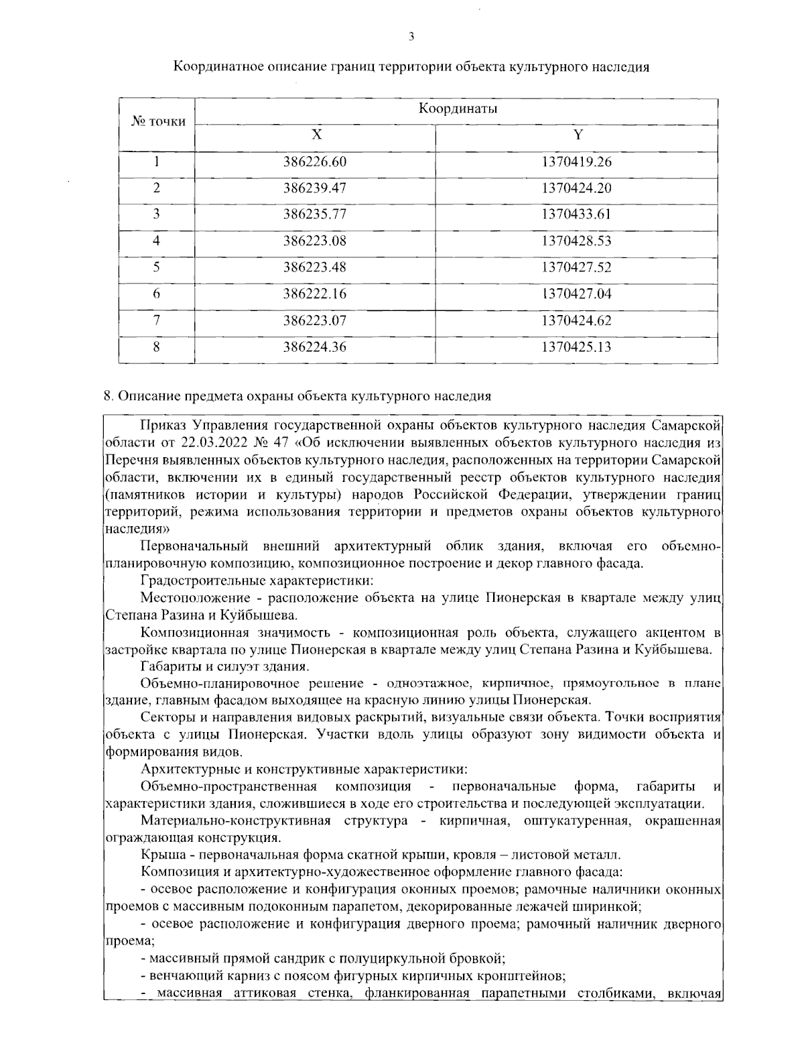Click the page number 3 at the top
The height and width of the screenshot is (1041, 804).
click(x=411, y=37)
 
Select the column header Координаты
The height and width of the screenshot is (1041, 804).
click(x=457, y=109)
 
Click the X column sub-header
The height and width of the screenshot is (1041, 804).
click(x=316, y=135)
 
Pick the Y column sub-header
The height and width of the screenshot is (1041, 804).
click(x=577, y=135)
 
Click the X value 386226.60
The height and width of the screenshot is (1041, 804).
click(x=315, y=162)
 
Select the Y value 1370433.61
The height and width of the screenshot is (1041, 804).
click(x=576, y=215)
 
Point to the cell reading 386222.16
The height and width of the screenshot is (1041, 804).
click(x=315, y=294)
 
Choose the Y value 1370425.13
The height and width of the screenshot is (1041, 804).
click(x=576, y=347)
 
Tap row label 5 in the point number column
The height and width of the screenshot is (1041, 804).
click(x=157, y=267)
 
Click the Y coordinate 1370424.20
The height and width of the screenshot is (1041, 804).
click(x=576, y=188)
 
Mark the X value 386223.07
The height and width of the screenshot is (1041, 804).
click(x=315, y=320)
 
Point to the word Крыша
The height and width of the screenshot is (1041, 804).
click(x=160, y=855)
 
